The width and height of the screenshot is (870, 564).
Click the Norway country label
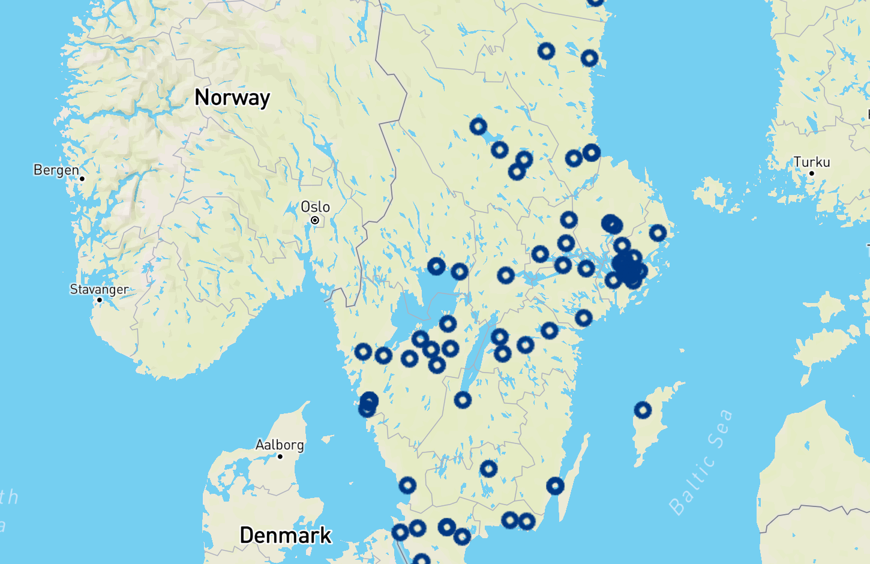(232, 97)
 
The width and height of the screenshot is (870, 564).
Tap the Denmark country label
(285, 535)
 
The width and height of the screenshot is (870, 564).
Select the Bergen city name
(56, 170)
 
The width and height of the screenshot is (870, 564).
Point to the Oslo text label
(315, 206)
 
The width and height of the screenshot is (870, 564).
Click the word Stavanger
(99, 289)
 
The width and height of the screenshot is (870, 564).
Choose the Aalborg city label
(280, 445)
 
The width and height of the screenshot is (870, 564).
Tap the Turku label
(812, 162)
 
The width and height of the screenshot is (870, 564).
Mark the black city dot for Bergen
(82, 179)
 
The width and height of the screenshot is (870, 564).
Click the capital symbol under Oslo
(314, 220)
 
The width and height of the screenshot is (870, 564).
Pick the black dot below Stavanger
(100, 300)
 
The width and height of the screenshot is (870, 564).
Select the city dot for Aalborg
(280, 457)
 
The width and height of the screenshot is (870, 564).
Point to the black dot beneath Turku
(812, 173)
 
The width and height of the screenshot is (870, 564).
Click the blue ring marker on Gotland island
(643, 410)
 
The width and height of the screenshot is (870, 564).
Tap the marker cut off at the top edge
(595, 2)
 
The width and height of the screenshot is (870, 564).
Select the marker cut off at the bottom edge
(422, 560)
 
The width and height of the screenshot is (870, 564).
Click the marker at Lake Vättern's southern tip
(462, 400)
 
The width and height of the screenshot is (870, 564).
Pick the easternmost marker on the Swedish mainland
(658, 233)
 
